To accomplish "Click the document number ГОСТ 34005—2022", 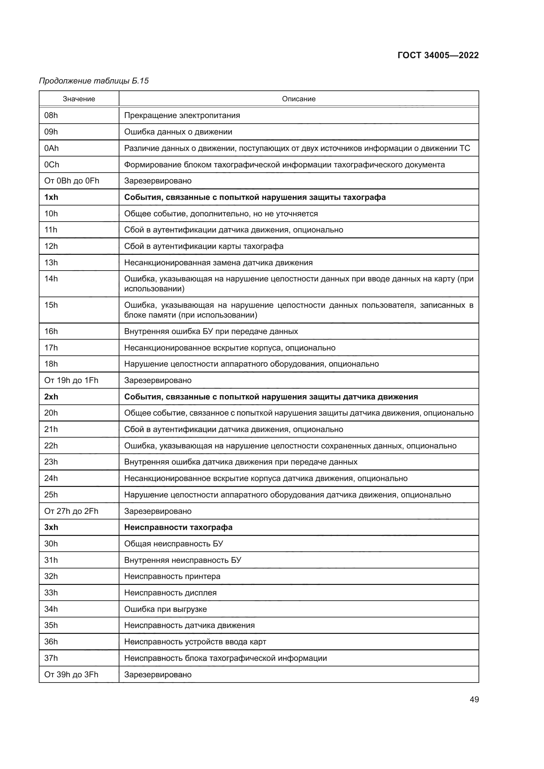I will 438,55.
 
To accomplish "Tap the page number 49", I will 474,699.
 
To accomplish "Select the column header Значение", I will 79,99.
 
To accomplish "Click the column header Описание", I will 298,99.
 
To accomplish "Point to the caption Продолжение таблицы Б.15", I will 94,81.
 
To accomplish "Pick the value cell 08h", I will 51,115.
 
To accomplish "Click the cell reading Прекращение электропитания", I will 182,115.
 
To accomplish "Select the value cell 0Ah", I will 51,148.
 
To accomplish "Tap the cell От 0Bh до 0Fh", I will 72,181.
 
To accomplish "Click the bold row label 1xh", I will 51,197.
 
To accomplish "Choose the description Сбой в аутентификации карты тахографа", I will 204,246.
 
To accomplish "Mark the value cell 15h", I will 51,305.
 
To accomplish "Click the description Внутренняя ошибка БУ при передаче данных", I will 211,331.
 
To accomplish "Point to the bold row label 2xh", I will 51,397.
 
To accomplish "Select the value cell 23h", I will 51,462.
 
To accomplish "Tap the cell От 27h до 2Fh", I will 71,511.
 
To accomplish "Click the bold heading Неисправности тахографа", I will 178,527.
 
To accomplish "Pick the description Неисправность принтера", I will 172,576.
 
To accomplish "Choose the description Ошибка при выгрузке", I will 165,609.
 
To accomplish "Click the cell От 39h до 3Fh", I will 71,674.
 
